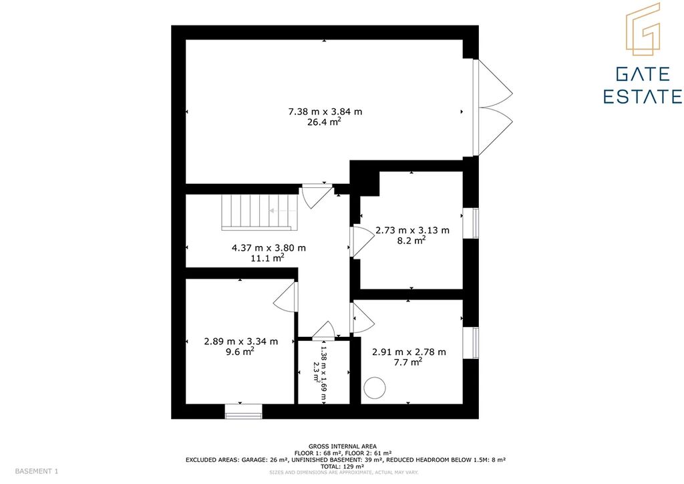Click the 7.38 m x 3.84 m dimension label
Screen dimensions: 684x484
click(325, 112)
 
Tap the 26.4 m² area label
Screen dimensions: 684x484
click(324, 122)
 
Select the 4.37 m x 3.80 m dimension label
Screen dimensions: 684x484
click(269, 248)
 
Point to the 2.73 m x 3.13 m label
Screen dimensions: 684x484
click(412, 230)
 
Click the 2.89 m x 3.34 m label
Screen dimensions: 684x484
click(240, 342)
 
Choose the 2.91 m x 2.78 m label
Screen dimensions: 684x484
click(409, 352)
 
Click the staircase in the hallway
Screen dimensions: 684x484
click(260, 212)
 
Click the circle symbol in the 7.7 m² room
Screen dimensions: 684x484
click(375, 388)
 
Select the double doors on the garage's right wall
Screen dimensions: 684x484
click(493, 108)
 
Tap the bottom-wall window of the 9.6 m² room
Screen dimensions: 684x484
click(243, 412)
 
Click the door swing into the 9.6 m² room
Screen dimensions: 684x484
click(286, 297)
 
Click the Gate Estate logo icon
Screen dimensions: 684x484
click(643, 29)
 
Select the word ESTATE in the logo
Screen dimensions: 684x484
click(643, 96)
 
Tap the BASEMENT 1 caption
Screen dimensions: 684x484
click(37, 471)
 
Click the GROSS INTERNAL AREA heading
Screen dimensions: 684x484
click(343, 447)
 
